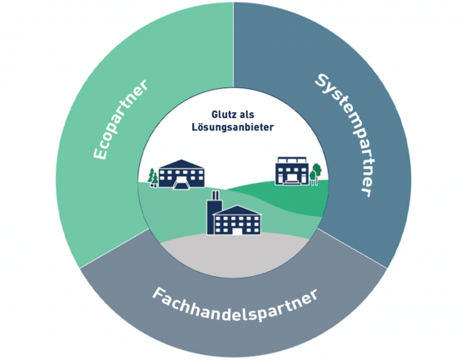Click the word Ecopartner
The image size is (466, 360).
point(120,120)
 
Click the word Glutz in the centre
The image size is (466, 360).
point(220,115)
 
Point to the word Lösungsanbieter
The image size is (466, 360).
point(233,127)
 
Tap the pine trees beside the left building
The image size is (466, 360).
point(153,178)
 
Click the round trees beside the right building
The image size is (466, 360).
point(315,174)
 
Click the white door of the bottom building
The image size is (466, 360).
point(237,231)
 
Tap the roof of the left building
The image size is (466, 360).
point(181,164)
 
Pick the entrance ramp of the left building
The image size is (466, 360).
point(181,185)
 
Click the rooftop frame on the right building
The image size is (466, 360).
point(292,160)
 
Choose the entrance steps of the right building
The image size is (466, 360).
point(291,181)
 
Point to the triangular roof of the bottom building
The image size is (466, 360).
point(237,210)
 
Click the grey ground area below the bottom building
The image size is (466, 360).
point(235,255)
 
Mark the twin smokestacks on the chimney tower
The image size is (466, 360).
point(216,195)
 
